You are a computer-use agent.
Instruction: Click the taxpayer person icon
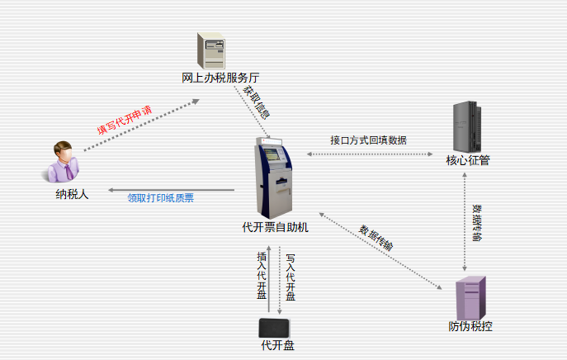click(63, 162)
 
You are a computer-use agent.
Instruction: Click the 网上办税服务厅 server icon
click(211, 50)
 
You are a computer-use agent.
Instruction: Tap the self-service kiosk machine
click(274, 178)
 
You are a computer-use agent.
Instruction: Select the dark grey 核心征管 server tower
click(467, 126)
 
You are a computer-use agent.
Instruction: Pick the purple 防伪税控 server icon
click(470, 298)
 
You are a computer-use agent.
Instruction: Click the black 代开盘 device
click(274, 328)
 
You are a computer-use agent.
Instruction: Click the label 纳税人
click(72, 194)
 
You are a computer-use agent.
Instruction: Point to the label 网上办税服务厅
click(220, 78)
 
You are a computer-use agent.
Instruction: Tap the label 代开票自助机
click(275, 227)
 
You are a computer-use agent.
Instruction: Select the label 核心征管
click(468, 160)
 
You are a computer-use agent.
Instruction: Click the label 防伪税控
click(470, 326)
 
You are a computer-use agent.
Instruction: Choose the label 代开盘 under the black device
click(277, 345)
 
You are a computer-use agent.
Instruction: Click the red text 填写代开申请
click(125, 120)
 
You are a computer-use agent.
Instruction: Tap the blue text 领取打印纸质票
click(161, 198)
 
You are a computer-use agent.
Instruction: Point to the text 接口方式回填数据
click(368, 140)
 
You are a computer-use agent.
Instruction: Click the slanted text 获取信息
click(257, 102)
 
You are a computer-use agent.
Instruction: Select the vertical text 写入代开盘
click(291, 277)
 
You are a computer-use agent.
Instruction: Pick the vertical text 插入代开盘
click(262, 275)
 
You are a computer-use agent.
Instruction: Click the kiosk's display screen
click(272, 154)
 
